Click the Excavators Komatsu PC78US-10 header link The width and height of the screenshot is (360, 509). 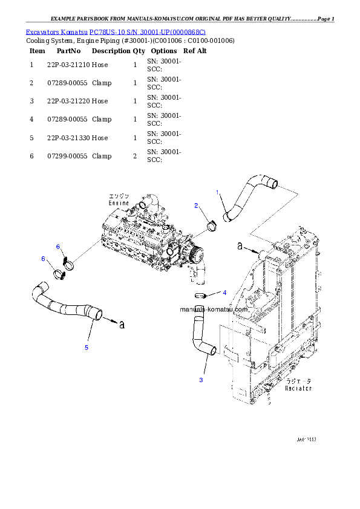[116, 32]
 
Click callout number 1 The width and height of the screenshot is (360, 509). [217, 192]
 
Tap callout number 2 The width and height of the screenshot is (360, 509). [196, 206]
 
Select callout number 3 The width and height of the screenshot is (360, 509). [201, 380]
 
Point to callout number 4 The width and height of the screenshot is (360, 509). [224, 293]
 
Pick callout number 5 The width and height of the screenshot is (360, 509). [87, 348]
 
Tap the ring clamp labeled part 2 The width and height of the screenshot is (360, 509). [212, 226]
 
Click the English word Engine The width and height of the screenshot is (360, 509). [119, 204]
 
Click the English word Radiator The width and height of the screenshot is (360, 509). [298, 389]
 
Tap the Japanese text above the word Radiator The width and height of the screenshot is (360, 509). [299, 381]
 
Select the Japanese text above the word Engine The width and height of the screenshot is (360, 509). [119, 196]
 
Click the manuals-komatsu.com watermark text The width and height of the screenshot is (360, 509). [214, 309]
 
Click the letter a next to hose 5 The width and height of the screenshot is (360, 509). [121, 325]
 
